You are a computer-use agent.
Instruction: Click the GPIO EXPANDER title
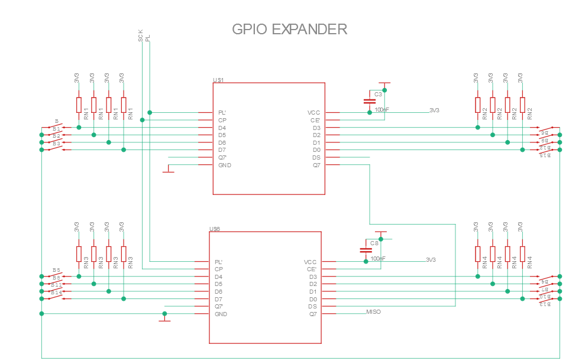289,29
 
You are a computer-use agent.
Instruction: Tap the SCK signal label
141,36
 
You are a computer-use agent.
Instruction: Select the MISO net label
374,311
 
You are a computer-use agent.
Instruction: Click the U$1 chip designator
218,80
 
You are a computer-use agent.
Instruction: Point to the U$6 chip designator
215,229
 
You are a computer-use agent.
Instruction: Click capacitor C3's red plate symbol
370,102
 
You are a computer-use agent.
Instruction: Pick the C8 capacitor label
374,243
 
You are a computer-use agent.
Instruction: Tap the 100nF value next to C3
382,109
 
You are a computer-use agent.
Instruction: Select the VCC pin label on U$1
313,112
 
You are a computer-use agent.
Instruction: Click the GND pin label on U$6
220,314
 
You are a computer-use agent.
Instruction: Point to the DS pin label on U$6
312,307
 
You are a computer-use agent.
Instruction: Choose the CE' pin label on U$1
315,120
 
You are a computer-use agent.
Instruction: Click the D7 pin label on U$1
222,150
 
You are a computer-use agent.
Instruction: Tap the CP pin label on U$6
219,269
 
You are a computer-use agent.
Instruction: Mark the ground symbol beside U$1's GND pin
169,171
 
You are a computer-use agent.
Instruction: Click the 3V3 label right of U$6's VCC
431,259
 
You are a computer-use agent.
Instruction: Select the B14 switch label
57,292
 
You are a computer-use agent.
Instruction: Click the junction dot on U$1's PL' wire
150,112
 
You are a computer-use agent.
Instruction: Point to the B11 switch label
57,285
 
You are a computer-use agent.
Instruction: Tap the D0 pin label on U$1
316,150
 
